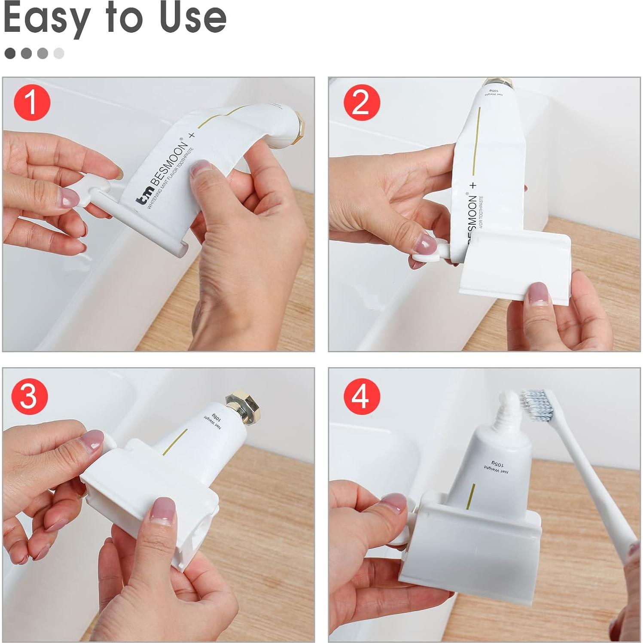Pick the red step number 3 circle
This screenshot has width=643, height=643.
pos(29,396)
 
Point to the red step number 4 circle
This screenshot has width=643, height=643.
pos(362,396)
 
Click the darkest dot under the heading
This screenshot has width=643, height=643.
pos(10,53)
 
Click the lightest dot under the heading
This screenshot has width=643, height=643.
pos(59,53)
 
